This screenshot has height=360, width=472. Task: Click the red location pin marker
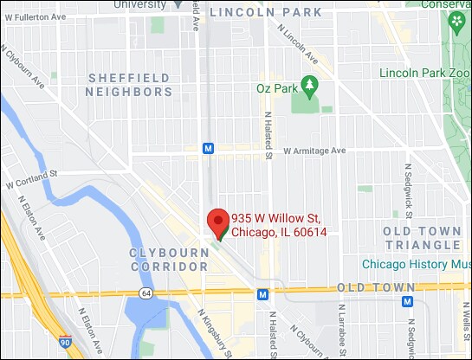(217, 222)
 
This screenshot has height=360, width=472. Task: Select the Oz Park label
(275, 87)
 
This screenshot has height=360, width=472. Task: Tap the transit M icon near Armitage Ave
(208, 148)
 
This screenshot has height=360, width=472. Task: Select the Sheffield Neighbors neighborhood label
(130, 85)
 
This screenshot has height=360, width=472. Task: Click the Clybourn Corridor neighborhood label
(169, 259)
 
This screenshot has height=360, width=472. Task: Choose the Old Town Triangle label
(422, 238)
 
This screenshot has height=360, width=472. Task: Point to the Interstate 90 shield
(64, 344)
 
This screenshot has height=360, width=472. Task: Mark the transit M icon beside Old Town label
(407, 301)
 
